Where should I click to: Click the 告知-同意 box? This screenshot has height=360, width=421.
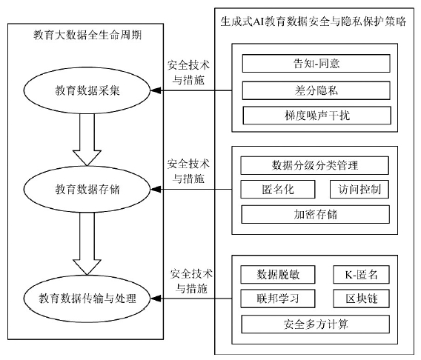pos(316,63)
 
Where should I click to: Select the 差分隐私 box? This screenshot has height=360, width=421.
pos(316,90)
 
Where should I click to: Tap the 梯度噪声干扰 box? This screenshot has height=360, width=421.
pos(316,116)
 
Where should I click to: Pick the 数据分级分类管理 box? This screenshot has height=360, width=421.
pos(314,165)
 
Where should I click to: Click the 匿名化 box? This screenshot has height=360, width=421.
pos(278,190)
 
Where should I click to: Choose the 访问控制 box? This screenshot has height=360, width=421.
pos(359,190)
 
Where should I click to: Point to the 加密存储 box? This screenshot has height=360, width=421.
pos(315,214)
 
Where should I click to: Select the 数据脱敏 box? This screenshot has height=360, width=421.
pos(278,274)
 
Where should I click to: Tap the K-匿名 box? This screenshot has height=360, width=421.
pos(361,274)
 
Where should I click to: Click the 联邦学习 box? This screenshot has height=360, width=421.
pos(278,299)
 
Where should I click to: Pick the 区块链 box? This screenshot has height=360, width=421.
pos(361,299)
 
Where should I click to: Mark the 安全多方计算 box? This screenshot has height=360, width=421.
pos(316,324)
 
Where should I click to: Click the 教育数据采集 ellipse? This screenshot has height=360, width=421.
pos(87,90)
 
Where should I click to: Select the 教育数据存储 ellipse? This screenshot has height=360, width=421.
pos(87,190)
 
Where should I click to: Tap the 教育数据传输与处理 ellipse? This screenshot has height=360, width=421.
pos(87,299)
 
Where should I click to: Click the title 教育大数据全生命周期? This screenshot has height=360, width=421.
pos(87,35)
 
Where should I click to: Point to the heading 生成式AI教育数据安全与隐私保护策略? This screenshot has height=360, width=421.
pos(314,21)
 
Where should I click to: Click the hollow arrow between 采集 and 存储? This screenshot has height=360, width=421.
pos(87,140)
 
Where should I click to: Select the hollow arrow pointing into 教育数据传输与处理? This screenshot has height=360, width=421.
pos(87,244)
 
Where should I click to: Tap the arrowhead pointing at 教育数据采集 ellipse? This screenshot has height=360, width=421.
pos(156,90)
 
